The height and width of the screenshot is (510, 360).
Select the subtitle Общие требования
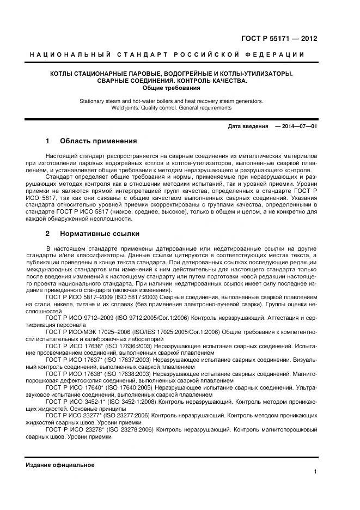[x=172, y=88]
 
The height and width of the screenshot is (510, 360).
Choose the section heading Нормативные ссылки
[x=99, y=234]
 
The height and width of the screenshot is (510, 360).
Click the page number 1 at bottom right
[x=315, y=472]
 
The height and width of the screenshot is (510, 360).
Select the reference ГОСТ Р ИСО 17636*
[x=79, y=345]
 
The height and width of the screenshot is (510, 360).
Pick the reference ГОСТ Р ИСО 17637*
[x=79, y=360]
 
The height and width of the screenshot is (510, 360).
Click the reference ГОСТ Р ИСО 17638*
[x=79, y=373]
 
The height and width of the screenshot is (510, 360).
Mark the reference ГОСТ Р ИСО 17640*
[x=79, y=387]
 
